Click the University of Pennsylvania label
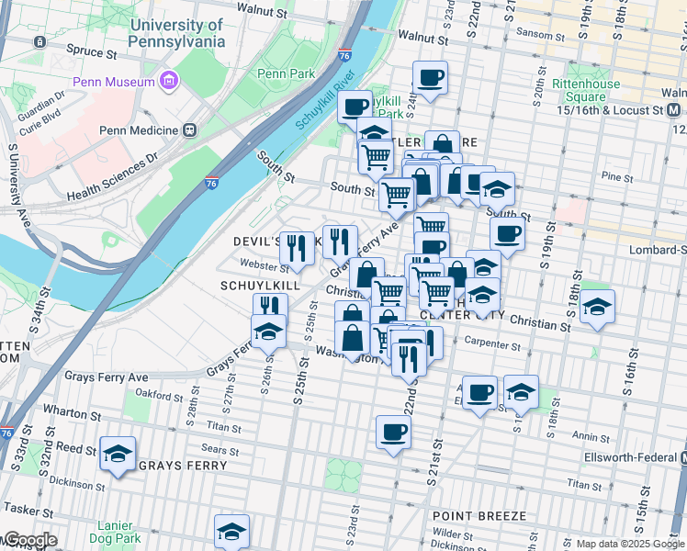pos(177,34)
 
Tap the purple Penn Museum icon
pos(168,82)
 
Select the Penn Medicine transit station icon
pos(190,130)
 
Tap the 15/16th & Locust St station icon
pos(673,110)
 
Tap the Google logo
pos(29,540)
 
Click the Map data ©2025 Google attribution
pos(630,544)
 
